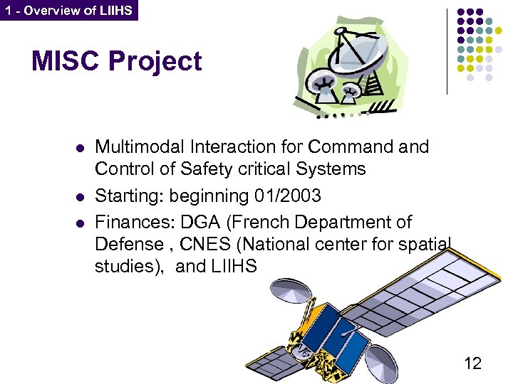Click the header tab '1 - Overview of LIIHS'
(68, 11)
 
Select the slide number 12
(472, 363)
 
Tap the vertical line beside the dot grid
(447, 51)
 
